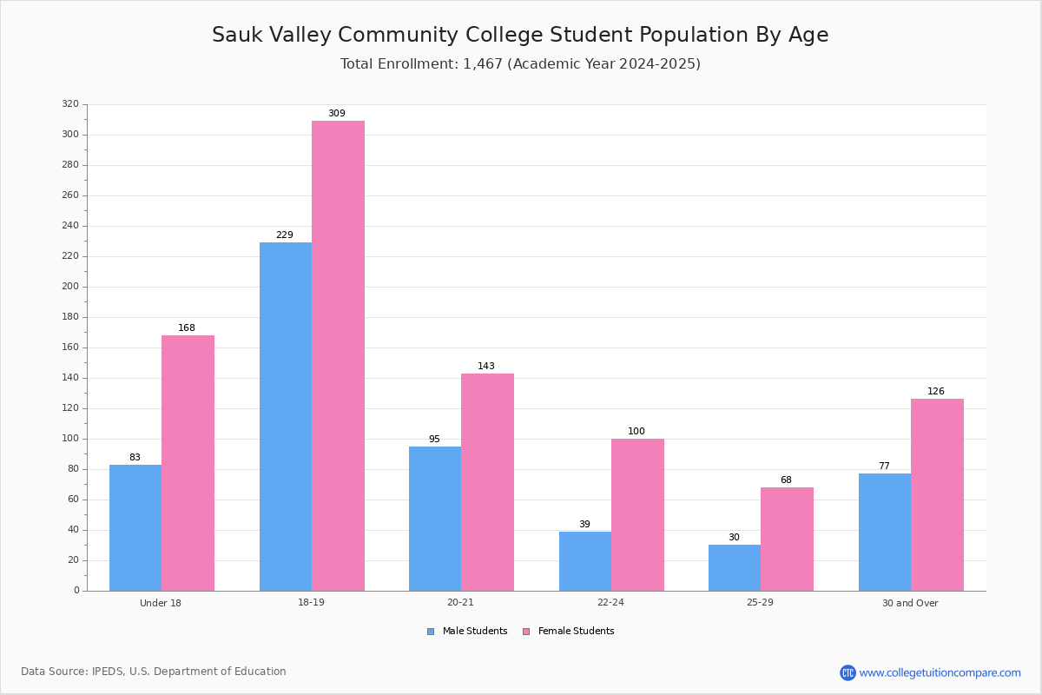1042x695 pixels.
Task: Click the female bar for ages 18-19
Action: tap(338, 356)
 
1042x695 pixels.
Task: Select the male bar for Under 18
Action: tap(135, 528)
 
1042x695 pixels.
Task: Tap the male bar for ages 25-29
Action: tap(735, 568)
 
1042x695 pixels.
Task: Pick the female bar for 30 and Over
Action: tap(937, 495)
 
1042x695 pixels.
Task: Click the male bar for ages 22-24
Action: tap(585, 561)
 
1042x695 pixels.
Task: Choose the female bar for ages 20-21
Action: tap(487, 482)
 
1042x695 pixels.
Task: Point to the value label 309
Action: tap(337, 113)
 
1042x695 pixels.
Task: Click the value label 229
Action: tap(285, 235)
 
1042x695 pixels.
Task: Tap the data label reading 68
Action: tap(786, 480)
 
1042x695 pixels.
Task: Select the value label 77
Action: tap(884, 466)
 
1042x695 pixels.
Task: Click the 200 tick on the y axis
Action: tap(70, 287)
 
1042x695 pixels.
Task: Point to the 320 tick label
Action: tap(70, 103)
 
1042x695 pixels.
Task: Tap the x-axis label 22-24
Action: tap(610, 602)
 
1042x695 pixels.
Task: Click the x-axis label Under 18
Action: tap(161, 603)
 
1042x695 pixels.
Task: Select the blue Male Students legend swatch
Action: tap(431, 632)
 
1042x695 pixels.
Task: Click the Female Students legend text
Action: tap(576, 631)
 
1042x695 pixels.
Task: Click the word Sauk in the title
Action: tap(237, 35)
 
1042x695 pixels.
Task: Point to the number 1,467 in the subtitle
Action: tap(483, 63)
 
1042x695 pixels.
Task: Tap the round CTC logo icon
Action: tap(847, 672)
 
